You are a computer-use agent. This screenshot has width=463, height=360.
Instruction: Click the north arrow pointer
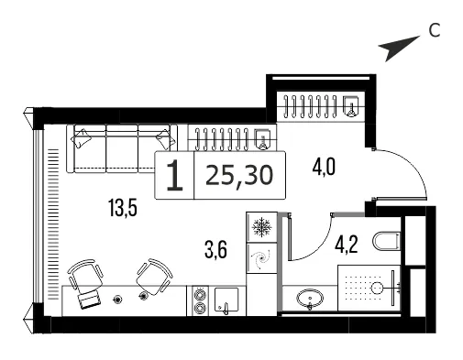(397, 48)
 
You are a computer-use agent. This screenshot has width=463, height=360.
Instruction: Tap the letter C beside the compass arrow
(434, 30)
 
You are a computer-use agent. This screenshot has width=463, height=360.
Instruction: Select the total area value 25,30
(239, 176)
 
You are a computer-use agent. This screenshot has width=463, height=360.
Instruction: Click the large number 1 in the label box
(175, 176)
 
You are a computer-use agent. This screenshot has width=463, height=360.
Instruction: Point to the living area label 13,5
(123, 207)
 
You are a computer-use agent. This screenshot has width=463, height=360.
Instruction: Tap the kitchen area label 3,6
(215, 249)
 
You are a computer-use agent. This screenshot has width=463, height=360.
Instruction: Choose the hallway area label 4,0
(324, 167)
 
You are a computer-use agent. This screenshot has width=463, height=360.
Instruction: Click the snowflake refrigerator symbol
(261, 227)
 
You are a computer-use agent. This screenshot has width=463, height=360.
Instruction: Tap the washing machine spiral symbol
(261, 259)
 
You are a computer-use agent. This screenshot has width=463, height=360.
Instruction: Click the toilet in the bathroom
(387, 241)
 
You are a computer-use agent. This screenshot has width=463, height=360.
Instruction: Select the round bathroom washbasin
(310, 298)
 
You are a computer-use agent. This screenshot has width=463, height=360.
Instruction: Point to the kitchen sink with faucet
(226, 300)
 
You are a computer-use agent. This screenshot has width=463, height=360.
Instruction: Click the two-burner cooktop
(200, 300)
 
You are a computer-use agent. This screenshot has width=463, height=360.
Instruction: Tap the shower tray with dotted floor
(369, 288)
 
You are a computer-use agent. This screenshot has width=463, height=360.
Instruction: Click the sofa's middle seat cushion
(122, 148)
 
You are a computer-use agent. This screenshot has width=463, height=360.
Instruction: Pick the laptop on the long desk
(89, 300)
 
